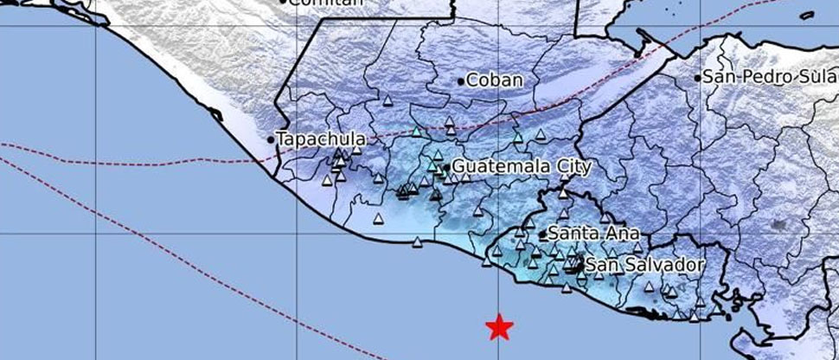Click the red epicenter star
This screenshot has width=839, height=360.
(x=499, y=327)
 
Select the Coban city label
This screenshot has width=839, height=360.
(x=495, y=80)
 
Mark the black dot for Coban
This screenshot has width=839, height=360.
(x=461, y=80)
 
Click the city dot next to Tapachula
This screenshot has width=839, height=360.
(x=271, y=139)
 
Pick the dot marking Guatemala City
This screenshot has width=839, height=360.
(x=446, y=167)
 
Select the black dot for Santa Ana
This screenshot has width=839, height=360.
(x=542, y=234)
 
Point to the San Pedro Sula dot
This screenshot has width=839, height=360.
(x=697, y=78)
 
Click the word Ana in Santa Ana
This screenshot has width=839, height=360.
(x=623, y=234)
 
